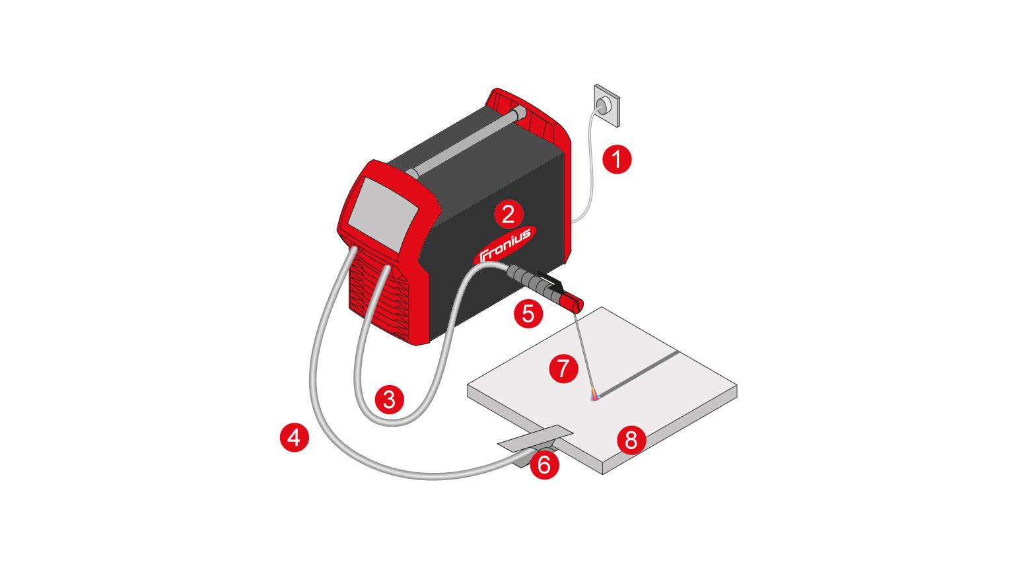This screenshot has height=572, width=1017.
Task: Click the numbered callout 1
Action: coord(617,159)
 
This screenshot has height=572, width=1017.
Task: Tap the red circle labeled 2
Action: coord(508,214)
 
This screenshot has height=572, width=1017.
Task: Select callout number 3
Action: coord(390,400)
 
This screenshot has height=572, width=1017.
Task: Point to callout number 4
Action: coord(295,438)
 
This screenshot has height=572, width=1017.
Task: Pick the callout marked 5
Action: coord(528,313)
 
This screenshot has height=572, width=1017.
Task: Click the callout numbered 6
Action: coord(544,464)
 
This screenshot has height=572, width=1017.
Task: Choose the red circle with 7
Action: coord(563,368)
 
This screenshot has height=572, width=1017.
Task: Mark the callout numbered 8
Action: coord(631,439)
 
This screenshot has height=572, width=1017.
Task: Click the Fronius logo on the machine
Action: coord(505,245)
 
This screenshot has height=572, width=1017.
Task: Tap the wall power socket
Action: coord(607,105)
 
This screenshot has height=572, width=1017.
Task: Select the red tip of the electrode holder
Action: coord(574,301)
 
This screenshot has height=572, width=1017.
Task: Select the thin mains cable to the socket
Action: coord(586,163)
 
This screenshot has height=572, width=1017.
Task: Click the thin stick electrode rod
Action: coord(585,353)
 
